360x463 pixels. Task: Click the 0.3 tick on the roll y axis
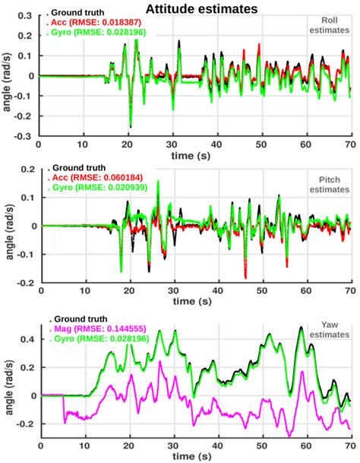pos(26,15)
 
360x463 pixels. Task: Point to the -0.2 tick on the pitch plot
pos(24,282)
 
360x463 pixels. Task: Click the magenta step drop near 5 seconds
pos(64,406)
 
